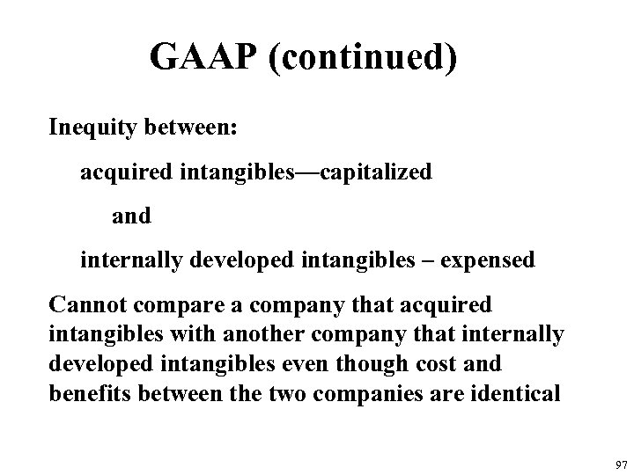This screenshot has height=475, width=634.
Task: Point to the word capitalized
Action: (x=376, y=172)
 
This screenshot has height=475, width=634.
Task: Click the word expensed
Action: (x=487, y=260)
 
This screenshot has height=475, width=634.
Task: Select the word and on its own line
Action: (x=132, y=216)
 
